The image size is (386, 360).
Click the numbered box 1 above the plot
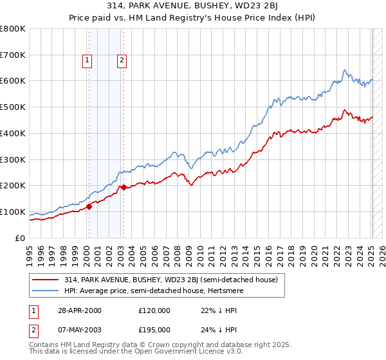(87, 61)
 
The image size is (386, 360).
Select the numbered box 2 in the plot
(121, 61)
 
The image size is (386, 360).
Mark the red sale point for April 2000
(89, 206)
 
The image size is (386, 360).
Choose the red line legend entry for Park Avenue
(170, 280)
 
